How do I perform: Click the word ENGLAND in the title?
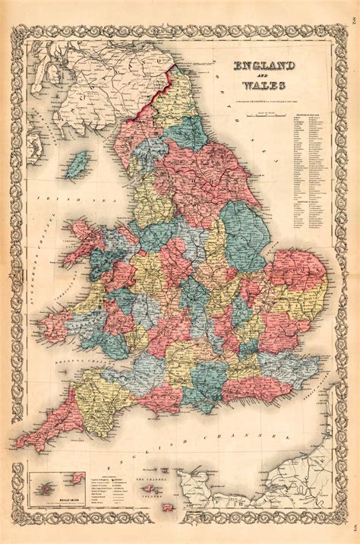point(265,69)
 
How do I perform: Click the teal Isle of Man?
point(77,164)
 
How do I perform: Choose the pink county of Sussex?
point(262,387)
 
